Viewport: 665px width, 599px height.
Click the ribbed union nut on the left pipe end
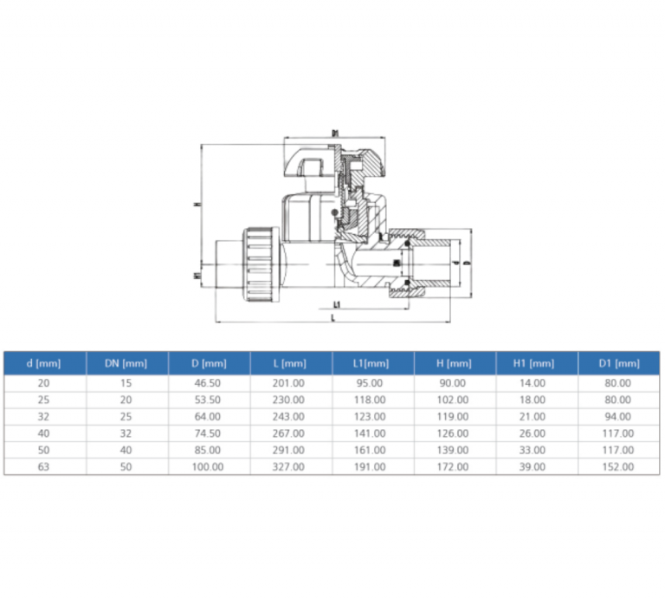(261, 264)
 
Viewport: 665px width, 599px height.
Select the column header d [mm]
(44, 363)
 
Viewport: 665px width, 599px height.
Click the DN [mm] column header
(126, 363)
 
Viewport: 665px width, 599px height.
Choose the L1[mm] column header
(373, 363)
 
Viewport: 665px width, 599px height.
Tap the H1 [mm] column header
(537, 363)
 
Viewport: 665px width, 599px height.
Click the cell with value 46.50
(209, 383)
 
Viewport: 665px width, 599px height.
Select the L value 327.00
(291, 466)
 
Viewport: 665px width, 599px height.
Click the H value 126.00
(455, 433)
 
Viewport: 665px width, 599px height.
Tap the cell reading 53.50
(209, 400)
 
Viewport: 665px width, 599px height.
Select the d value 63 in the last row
(44, 466)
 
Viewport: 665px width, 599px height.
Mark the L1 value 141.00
(373, 433)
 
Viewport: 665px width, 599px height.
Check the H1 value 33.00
(537, 450)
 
